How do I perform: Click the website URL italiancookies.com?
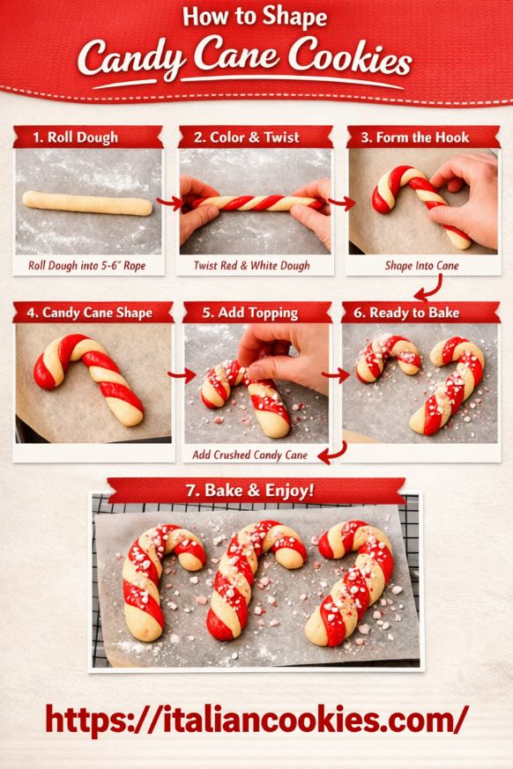coord(256,718)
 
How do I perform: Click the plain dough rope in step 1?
coord(88,201)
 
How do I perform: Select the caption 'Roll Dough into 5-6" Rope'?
coord(85,264)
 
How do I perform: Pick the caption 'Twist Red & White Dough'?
coord(251,264)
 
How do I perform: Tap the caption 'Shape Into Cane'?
coord(421,264)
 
